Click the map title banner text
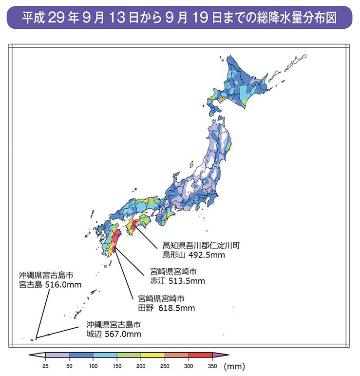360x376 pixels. pos(180,19)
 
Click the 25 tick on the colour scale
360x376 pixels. pos(45,365)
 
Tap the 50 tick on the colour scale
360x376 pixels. pos(69,365)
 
